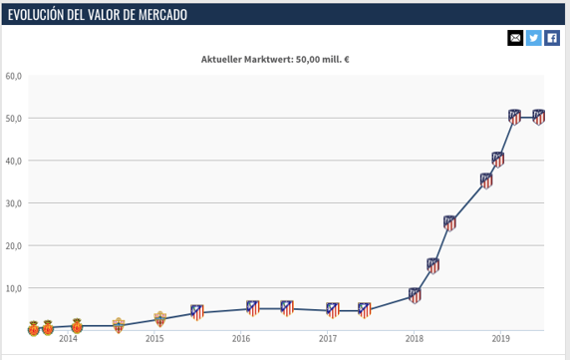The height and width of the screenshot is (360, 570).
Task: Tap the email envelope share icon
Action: click(x=515, y=38)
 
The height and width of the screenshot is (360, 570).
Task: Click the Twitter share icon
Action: click(x=533, y=38)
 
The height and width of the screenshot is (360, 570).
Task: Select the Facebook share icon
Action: click(x=551, y=38)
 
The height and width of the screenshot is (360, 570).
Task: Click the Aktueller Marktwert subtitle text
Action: click(x=275, y=59)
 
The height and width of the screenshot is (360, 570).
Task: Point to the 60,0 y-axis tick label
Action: click(x=14, y=76)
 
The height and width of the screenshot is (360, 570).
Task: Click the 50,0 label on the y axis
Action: click(x=14, y=119)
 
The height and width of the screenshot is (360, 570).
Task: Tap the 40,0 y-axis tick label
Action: click(x=14, y=161)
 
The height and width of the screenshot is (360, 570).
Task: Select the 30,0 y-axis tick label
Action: click(x=14, y=203)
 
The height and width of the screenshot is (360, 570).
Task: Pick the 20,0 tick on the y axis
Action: click(x=14, y=245)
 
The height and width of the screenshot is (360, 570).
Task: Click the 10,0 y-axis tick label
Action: click(x=14, y=288)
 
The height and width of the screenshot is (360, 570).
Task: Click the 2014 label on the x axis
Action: click(x=68, y=339)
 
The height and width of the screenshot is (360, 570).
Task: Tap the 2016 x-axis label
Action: click(x=241, y=339)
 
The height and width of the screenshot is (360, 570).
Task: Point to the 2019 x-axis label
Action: click(x=500, y=339)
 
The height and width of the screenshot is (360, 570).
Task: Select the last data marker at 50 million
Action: click(x=539, y=117)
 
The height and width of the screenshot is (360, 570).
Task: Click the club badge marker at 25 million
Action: click(x=449, y=223)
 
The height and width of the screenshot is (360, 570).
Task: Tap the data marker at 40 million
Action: click(x=498, y=160)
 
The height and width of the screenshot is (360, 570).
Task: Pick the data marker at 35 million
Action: click(x=486, y=180)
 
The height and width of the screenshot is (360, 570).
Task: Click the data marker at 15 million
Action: click(x=432, y=265)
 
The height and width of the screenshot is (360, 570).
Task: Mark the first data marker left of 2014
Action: click(x=33, y=327)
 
